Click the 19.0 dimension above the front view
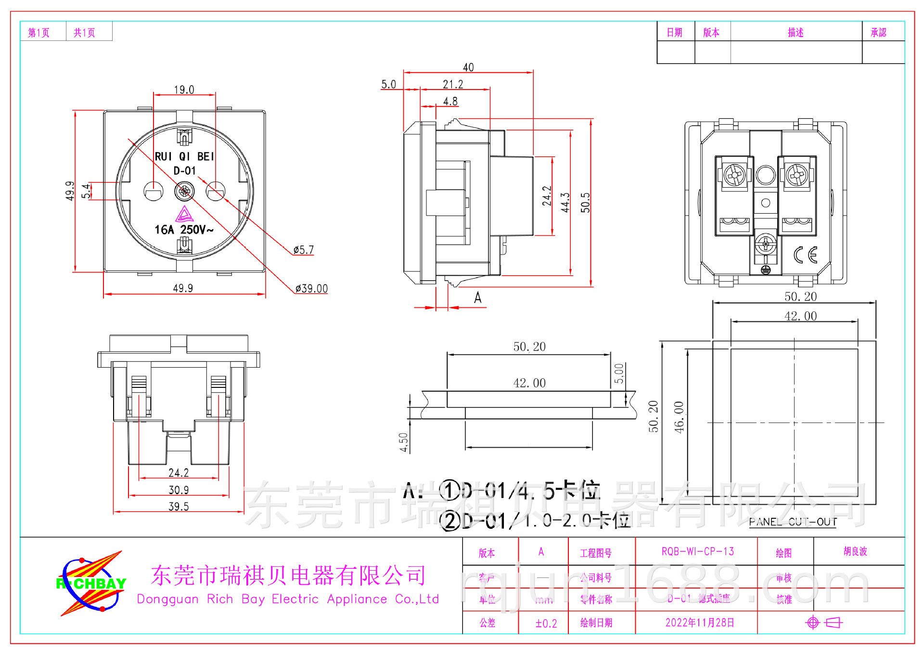tap(184, 90)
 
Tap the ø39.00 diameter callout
tap(311, 289)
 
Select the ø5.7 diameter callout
tap(304, 250)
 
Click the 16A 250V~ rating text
tap(184, 230)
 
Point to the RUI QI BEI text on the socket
tap(184, 156)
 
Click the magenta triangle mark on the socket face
tap(184, 214)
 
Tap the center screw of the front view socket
tap(184, 191)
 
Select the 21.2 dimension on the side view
tap(453, 84)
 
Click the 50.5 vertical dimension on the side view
tap(585, 203)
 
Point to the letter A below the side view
tap(477, 297)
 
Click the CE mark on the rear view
tap(805, 255)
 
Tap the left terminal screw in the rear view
tap(735, 175)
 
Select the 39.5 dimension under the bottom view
tap(179, 506)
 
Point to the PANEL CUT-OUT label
tap(793, 522)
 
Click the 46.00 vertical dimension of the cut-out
tap(679, 417)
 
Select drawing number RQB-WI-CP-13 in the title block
tap(697, 551)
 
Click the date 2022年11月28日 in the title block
tap(700, 623)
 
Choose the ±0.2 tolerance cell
tap(546, 624)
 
